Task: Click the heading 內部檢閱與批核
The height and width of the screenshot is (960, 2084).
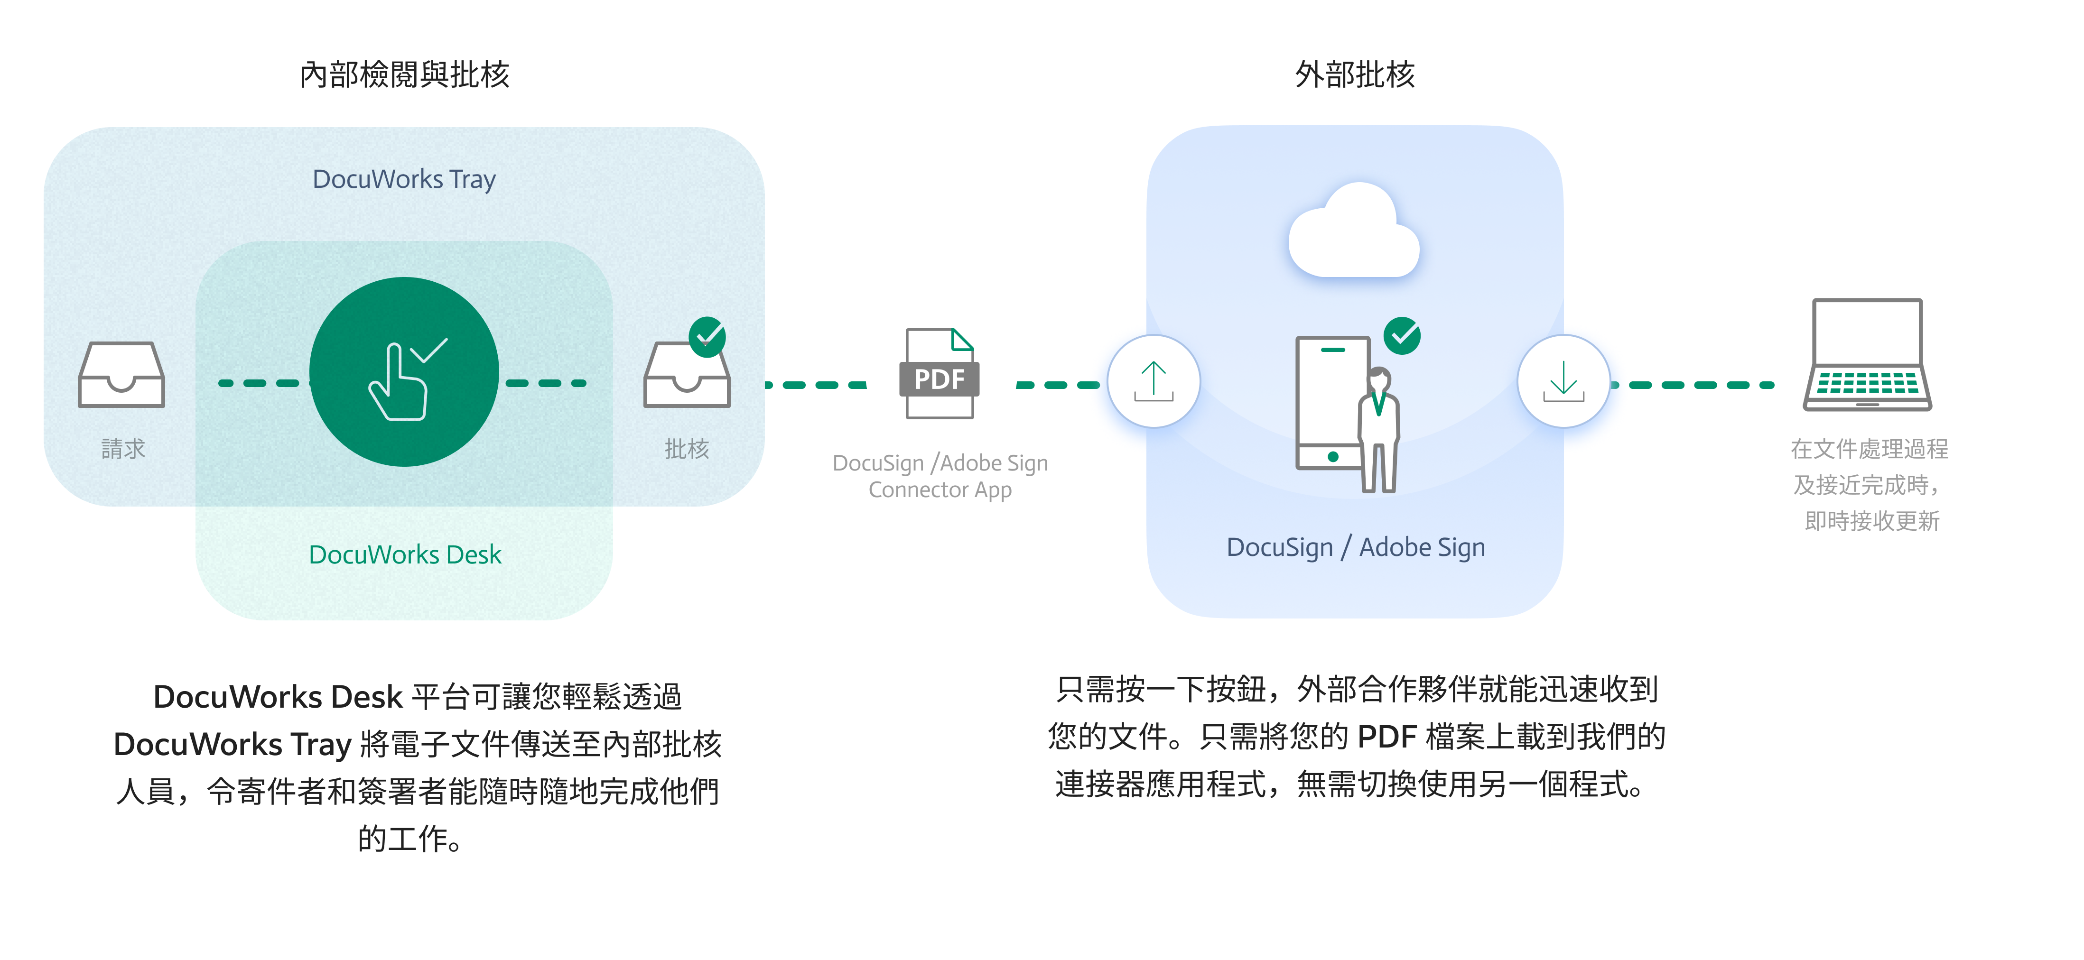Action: tap(404, 74)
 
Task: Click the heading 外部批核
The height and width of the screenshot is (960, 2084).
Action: tap(1355, 74)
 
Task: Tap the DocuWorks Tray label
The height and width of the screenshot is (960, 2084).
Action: tap(404, 179)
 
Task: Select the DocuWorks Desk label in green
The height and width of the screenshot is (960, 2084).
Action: tap(404, 555)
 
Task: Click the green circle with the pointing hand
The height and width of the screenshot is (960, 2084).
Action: tap(404, 372)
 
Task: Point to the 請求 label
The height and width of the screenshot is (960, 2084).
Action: tap(123, 449)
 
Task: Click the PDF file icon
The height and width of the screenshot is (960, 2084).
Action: tap(939, 374)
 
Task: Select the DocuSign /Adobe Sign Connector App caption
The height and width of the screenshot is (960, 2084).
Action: tap(940, 476)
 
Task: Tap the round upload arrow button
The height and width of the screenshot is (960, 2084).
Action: tap(1154, 381)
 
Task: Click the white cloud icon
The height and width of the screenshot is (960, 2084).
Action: tap(1353, 233)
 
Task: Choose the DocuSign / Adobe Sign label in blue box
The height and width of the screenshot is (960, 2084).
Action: tap(1356, 547)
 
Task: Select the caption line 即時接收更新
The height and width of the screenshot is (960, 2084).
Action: tap(1872, 521)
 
